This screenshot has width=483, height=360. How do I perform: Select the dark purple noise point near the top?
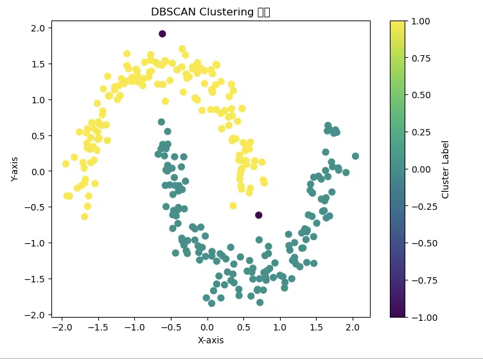(162, 34)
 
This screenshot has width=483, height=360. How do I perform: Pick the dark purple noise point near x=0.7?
(259, 215)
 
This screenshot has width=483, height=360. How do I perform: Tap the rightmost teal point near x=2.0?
(355, 156)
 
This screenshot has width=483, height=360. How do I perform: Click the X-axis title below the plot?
(211, 340)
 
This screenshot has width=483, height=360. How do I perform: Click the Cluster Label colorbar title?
(446, 169)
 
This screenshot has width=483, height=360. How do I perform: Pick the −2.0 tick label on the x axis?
(61, 327)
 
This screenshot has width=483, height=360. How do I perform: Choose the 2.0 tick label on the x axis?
(353, 327)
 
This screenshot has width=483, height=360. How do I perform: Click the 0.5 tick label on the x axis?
(243, 327)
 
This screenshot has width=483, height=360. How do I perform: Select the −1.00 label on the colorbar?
(418, 317)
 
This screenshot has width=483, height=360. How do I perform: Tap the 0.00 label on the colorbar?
(421, 169)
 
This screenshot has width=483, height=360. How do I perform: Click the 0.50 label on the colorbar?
(421, 95)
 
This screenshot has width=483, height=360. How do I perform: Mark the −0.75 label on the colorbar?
(418, 280)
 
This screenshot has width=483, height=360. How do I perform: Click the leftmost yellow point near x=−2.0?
(66, 164)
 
